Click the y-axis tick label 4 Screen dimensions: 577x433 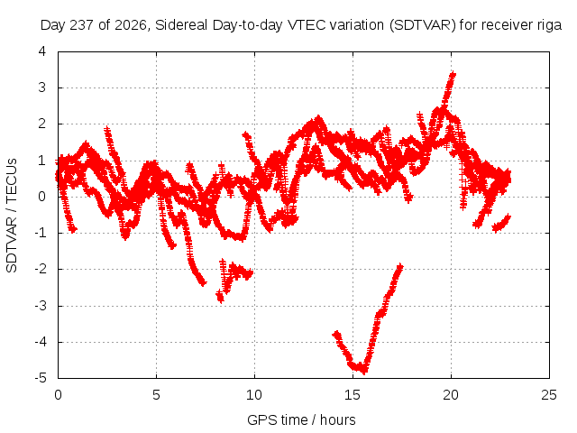click(42, 51)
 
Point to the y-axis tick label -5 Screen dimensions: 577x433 click(41, 378)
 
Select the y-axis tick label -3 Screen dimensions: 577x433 click(41, 306)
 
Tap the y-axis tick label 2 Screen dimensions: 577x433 click(42, 124)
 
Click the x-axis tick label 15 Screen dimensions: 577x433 click(353, 395)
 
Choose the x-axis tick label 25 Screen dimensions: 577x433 click(549, 395)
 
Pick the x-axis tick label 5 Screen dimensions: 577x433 click(156, 395)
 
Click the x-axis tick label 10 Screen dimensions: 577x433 click(254, 395)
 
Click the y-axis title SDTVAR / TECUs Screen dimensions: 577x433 click(12, 216)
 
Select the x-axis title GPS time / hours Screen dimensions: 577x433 click(301, 419)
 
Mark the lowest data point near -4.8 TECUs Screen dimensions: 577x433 click(364, 371)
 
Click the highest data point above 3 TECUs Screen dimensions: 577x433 click(453, 74)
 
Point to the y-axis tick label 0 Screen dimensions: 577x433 click(42, 197)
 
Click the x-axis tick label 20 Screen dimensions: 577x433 click(451, 395)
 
